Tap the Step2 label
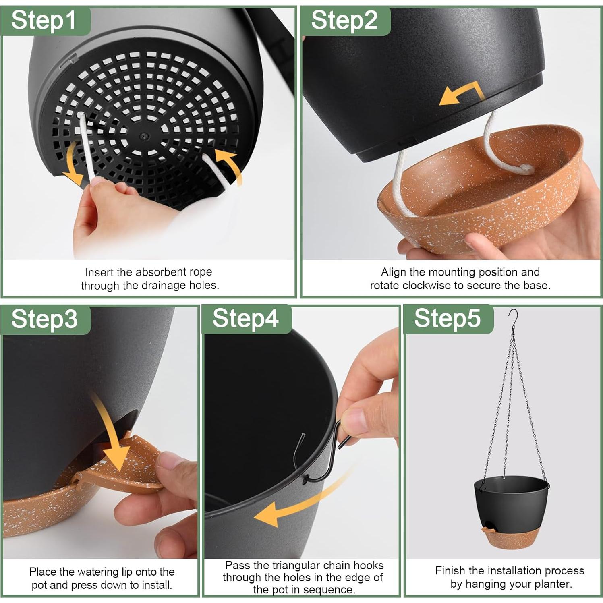coord(344,21)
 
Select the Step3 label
coord(44,319)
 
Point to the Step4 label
coord(245,319)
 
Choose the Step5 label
coord(447,319)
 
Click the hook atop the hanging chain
coord(512,321)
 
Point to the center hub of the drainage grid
coord(143,136)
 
